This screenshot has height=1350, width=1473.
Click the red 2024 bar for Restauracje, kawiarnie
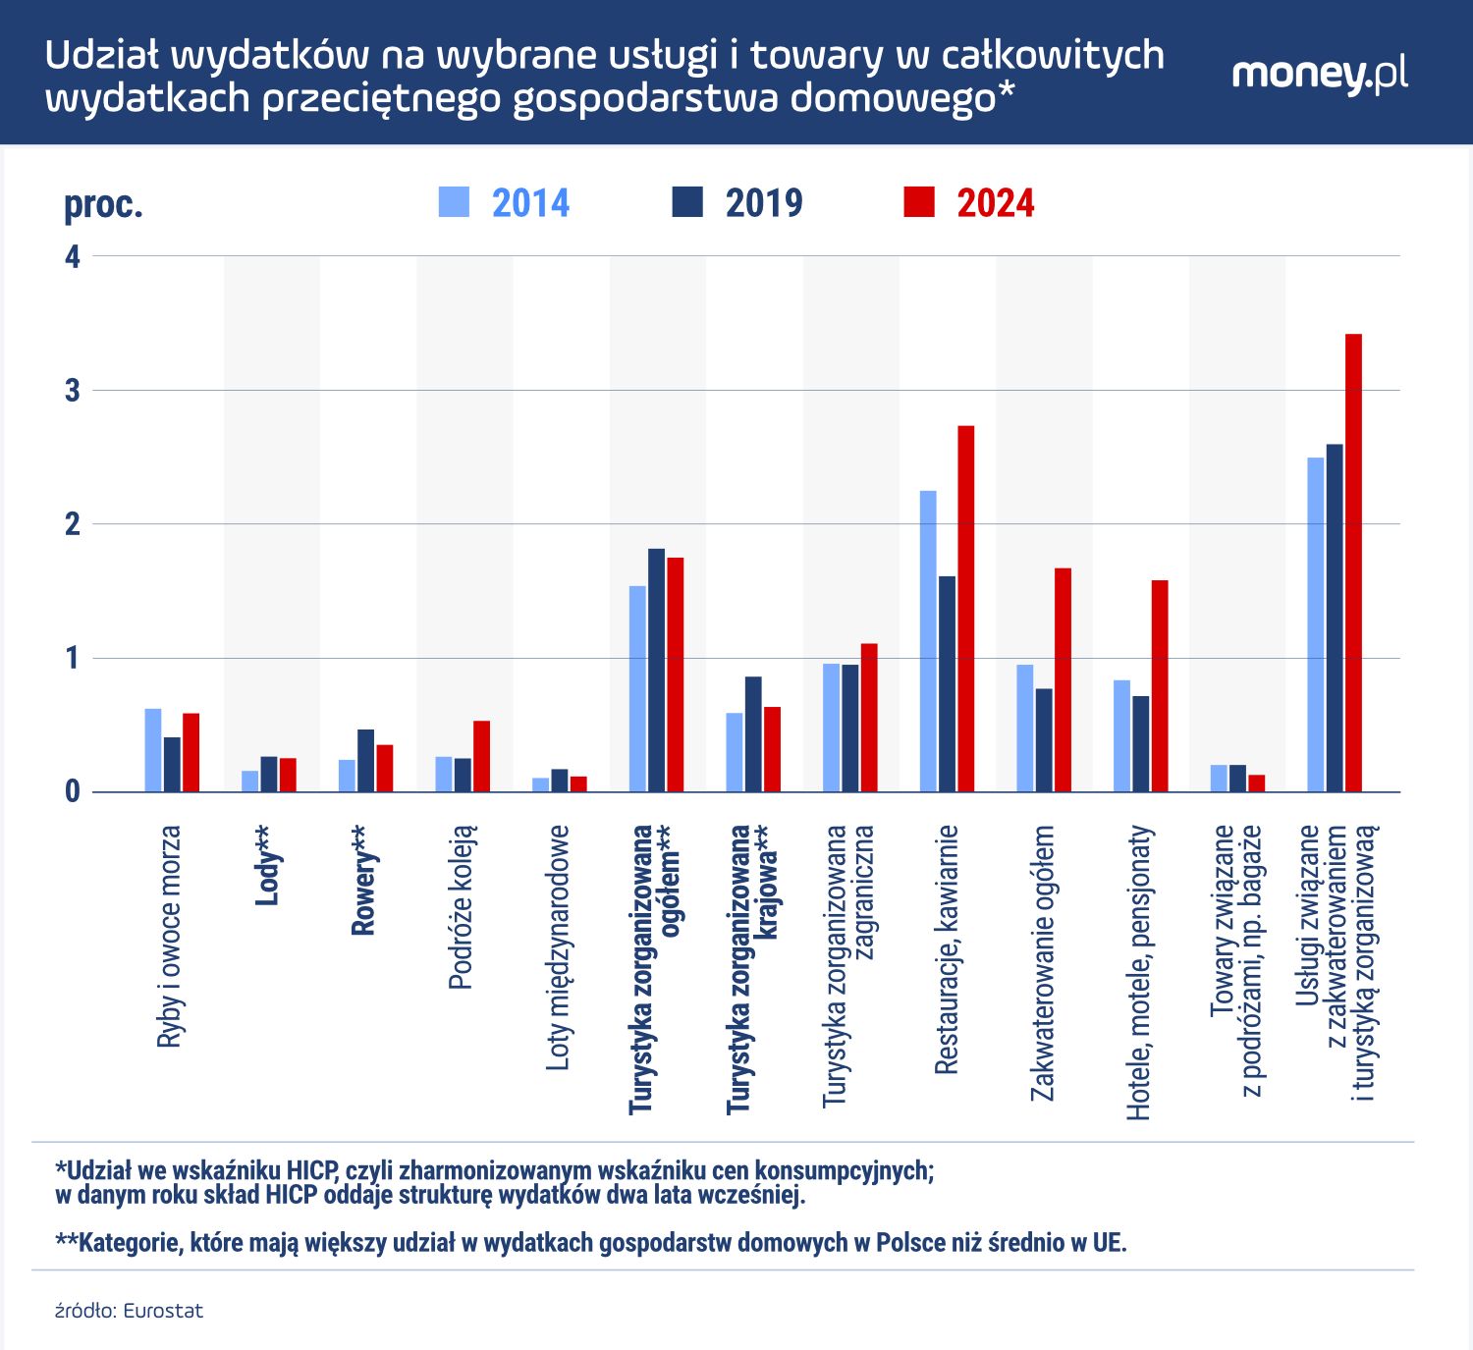click(965, 609)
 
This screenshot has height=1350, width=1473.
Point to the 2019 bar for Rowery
click(365, 760)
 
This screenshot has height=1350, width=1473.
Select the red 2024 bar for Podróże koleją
click(481, 756)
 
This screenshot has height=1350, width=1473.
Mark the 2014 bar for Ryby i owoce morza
click(153, 750)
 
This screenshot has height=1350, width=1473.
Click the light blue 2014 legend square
click(454, 201)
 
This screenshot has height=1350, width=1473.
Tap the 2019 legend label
click(764, 203)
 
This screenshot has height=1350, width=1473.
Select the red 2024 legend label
click(996, 203)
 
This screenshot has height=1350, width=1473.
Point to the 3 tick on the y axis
click(73, 391)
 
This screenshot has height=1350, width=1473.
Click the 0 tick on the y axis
click(73, 791)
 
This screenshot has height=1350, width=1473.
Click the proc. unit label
click(103, 204)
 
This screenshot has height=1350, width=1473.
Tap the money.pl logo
click(1319, 75)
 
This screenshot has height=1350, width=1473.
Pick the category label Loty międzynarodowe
click(558, 947)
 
